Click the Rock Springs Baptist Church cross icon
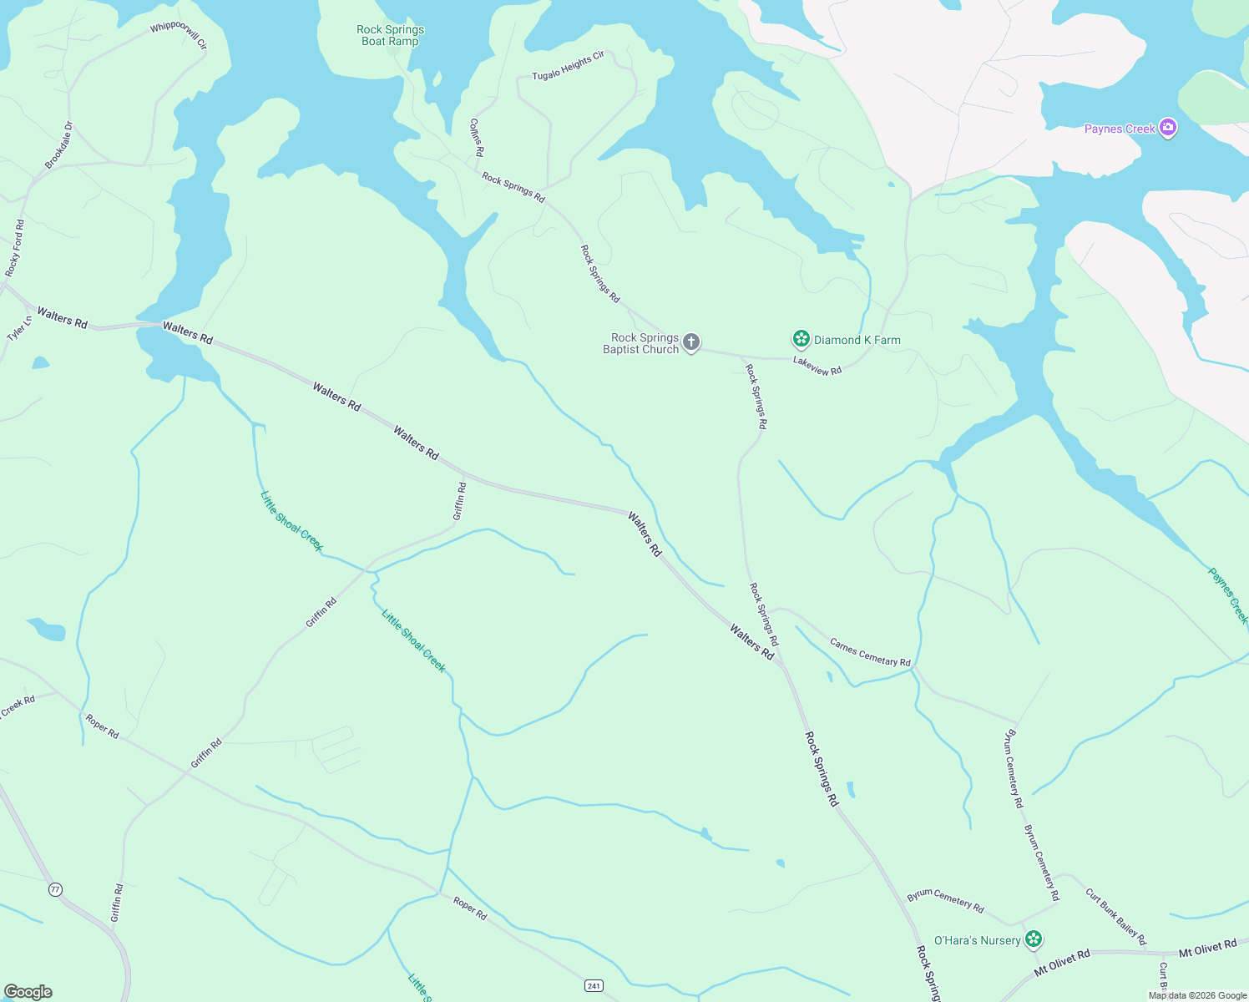coord(690,342)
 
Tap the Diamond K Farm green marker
coord(801,339)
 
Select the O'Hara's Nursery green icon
coord(1034,939)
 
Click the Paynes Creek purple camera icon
coord(1168,128)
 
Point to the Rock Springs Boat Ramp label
coord(390,35)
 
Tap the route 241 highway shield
coord(594,986)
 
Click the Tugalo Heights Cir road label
coord(568,66)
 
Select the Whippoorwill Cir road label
coord(178,34)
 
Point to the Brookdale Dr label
coord(59,145)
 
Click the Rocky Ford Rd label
coord(15,248)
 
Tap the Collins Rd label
coord(476,137)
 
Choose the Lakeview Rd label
coord(817,366)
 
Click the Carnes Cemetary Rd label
coord(870,652)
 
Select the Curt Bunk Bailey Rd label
coord(1115,917)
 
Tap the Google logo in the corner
coord(28,991)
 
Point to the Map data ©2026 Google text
coord(1197,995)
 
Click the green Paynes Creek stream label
coord(1228,595)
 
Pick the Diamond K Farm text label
coord(857,340)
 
